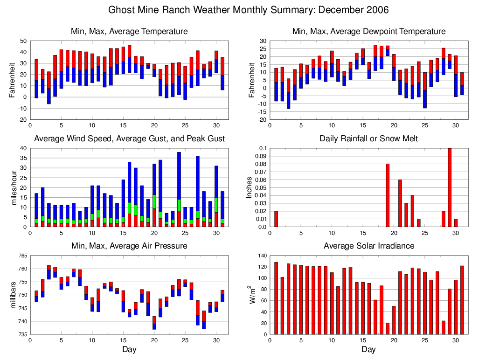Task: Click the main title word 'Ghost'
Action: point(122,10)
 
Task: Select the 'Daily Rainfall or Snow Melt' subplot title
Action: point(368,138)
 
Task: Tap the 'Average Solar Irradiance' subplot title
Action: point(368,246)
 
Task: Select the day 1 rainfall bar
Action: point(276,219)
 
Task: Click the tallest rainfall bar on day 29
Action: point(450,187)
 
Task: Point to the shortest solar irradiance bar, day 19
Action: point(388,328)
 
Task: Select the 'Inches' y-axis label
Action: point(250,187)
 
